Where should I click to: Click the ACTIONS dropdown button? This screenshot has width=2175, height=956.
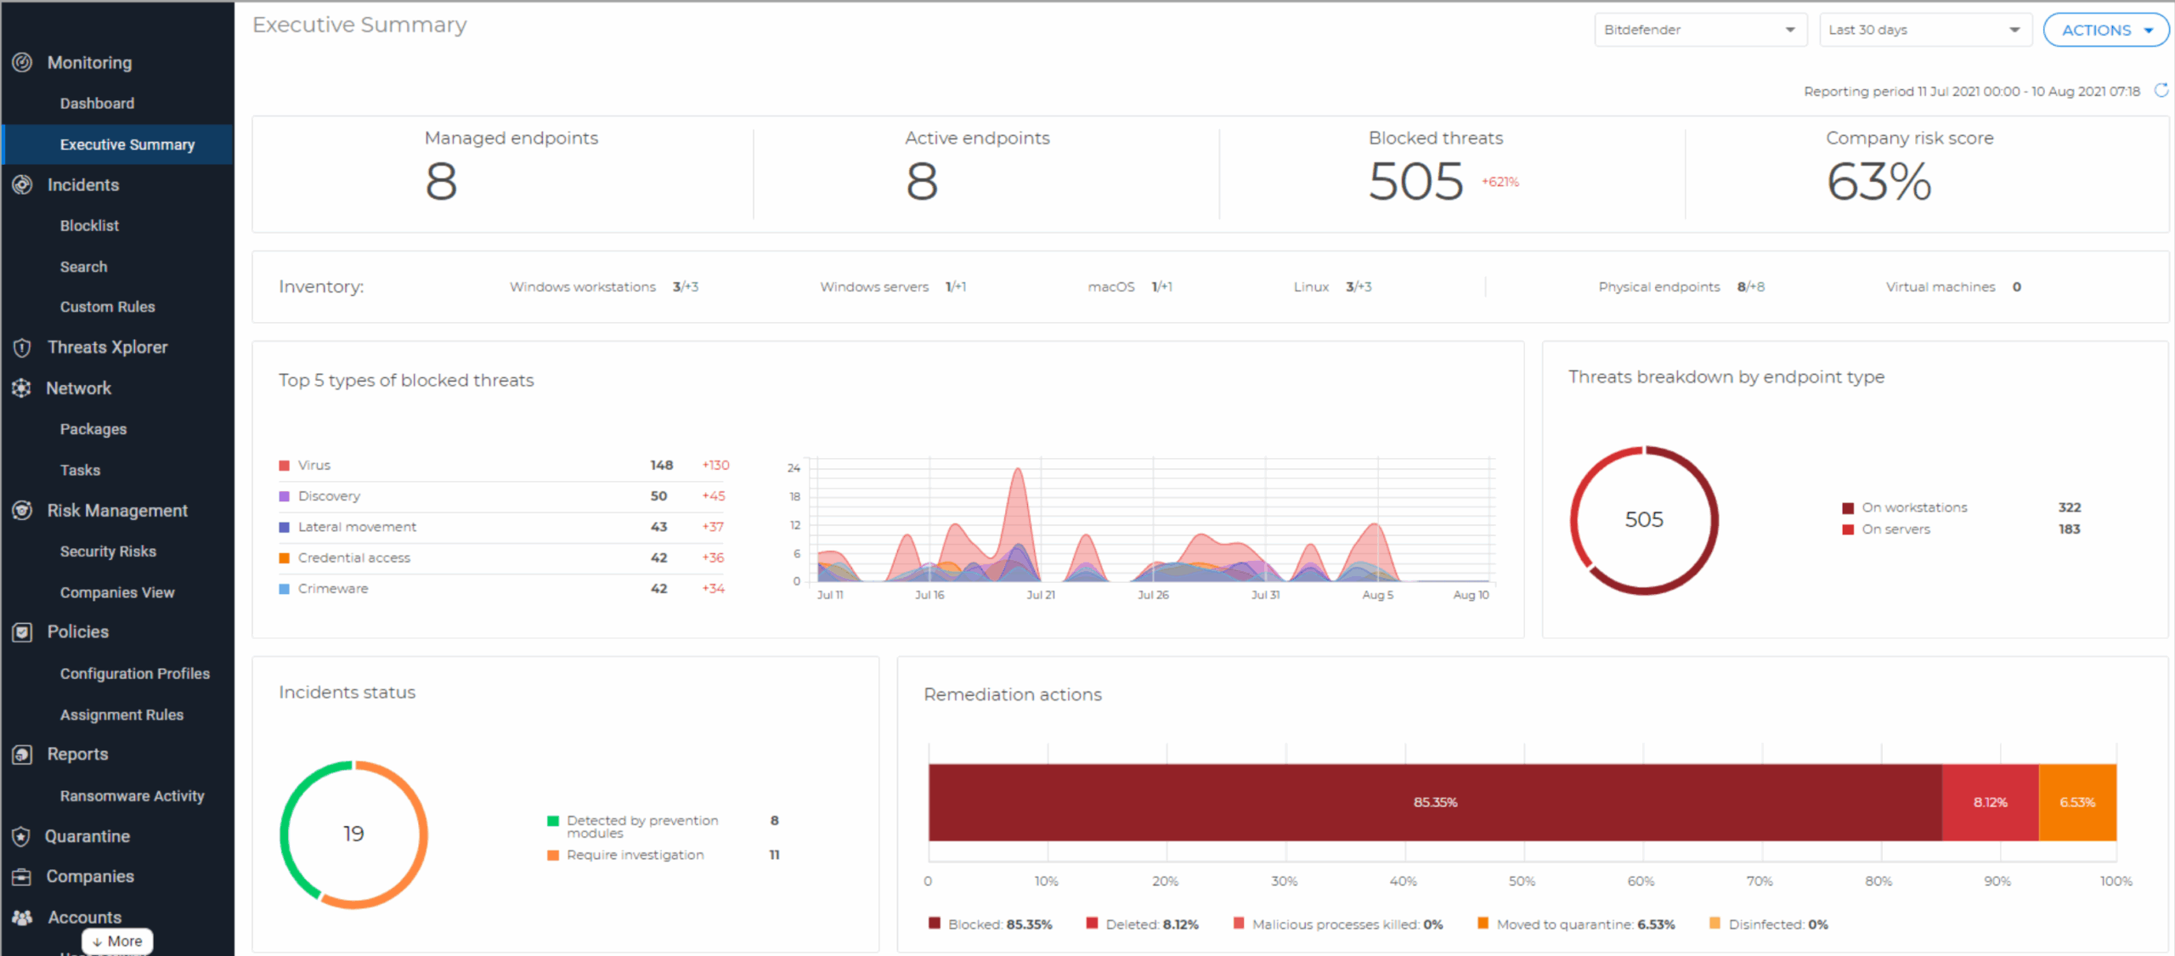(x=2105, y=31)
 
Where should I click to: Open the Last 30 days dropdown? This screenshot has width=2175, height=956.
(x=1924, y=30)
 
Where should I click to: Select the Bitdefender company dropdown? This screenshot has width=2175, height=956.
(x=1699, y=30)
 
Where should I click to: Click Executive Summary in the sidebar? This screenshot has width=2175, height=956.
(x=127, y=144)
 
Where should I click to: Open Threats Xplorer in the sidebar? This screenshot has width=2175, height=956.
(x=107, y=348)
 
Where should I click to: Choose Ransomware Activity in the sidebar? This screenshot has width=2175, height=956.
(x=132, y=796)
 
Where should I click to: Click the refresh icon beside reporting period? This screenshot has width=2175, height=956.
(x=2161, y=90)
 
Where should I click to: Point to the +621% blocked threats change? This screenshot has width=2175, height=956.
(x=1500, y=182)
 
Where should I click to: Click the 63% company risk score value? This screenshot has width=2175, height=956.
(x=1878, y=182)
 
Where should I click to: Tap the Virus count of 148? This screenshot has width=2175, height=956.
(x=661, y=466)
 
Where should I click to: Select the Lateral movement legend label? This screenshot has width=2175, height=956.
(x=357, y=527)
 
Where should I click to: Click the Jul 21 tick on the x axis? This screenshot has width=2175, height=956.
(x=1040, y=595)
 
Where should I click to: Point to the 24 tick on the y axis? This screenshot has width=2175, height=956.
(x=794, y=468)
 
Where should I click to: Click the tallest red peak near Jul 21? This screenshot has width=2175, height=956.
(x=1017, y=476)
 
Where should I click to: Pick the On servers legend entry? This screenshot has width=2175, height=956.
(x=1895, y=529)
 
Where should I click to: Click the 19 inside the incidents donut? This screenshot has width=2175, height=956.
(x=353, y=834)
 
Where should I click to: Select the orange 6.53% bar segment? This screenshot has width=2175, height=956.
(x=2077, y=802)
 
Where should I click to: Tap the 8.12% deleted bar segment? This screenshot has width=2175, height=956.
(x=1990, y=802)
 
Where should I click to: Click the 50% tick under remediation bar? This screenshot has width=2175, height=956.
(x=1522, y=881)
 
